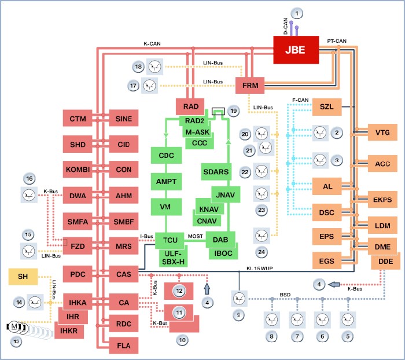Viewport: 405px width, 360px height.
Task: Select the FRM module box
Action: [249, 86]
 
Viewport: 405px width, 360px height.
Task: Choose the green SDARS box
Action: [216, 172]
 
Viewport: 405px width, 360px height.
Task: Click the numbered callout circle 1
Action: [296, 13]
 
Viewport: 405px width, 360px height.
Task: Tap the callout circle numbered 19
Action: [233, 110]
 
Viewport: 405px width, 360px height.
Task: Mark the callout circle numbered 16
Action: [28, 178]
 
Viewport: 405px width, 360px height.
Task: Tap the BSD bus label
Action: [285, 294]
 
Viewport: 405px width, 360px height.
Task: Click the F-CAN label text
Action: [300, 100]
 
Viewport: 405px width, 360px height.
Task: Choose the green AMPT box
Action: [166, 181]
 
